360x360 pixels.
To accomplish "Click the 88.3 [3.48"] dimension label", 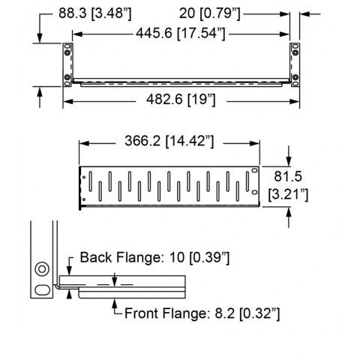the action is [94, 13].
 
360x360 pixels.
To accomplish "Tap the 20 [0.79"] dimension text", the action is [209, 13].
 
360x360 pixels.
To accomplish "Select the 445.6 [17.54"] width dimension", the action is [181, 33].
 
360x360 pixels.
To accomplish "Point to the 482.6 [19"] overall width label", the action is [181, 100].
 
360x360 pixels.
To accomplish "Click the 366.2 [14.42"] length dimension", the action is [169, 141].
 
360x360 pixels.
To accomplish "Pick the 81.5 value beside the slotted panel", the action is [288, 176].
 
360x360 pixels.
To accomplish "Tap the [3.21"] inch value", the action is [288, 194].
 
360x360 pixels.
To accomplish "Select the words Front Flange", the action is [165, 313].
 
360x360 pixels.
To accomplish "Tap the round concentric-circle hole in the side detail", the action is [42, 269].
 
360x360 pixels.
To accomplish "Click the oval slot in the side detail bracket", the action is [42, 290].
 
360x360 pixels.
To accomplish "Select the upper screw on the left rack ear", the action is [67, 52].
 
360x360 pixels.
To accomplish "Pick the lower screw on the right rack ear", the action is [295, 77].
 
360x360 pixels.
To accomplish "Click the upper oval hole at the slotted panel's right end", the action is [254, 170].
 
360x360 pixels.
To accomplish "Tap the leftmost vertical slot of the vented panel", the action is [91, 181].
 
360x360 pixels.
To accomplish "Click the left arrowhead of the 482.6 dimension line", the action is [67, 101].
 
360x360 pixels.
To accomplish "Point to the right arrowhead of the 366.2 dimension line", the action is [255, 143].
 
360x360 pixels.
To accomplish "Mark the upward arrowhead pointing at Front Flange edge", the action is [115, 304].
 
